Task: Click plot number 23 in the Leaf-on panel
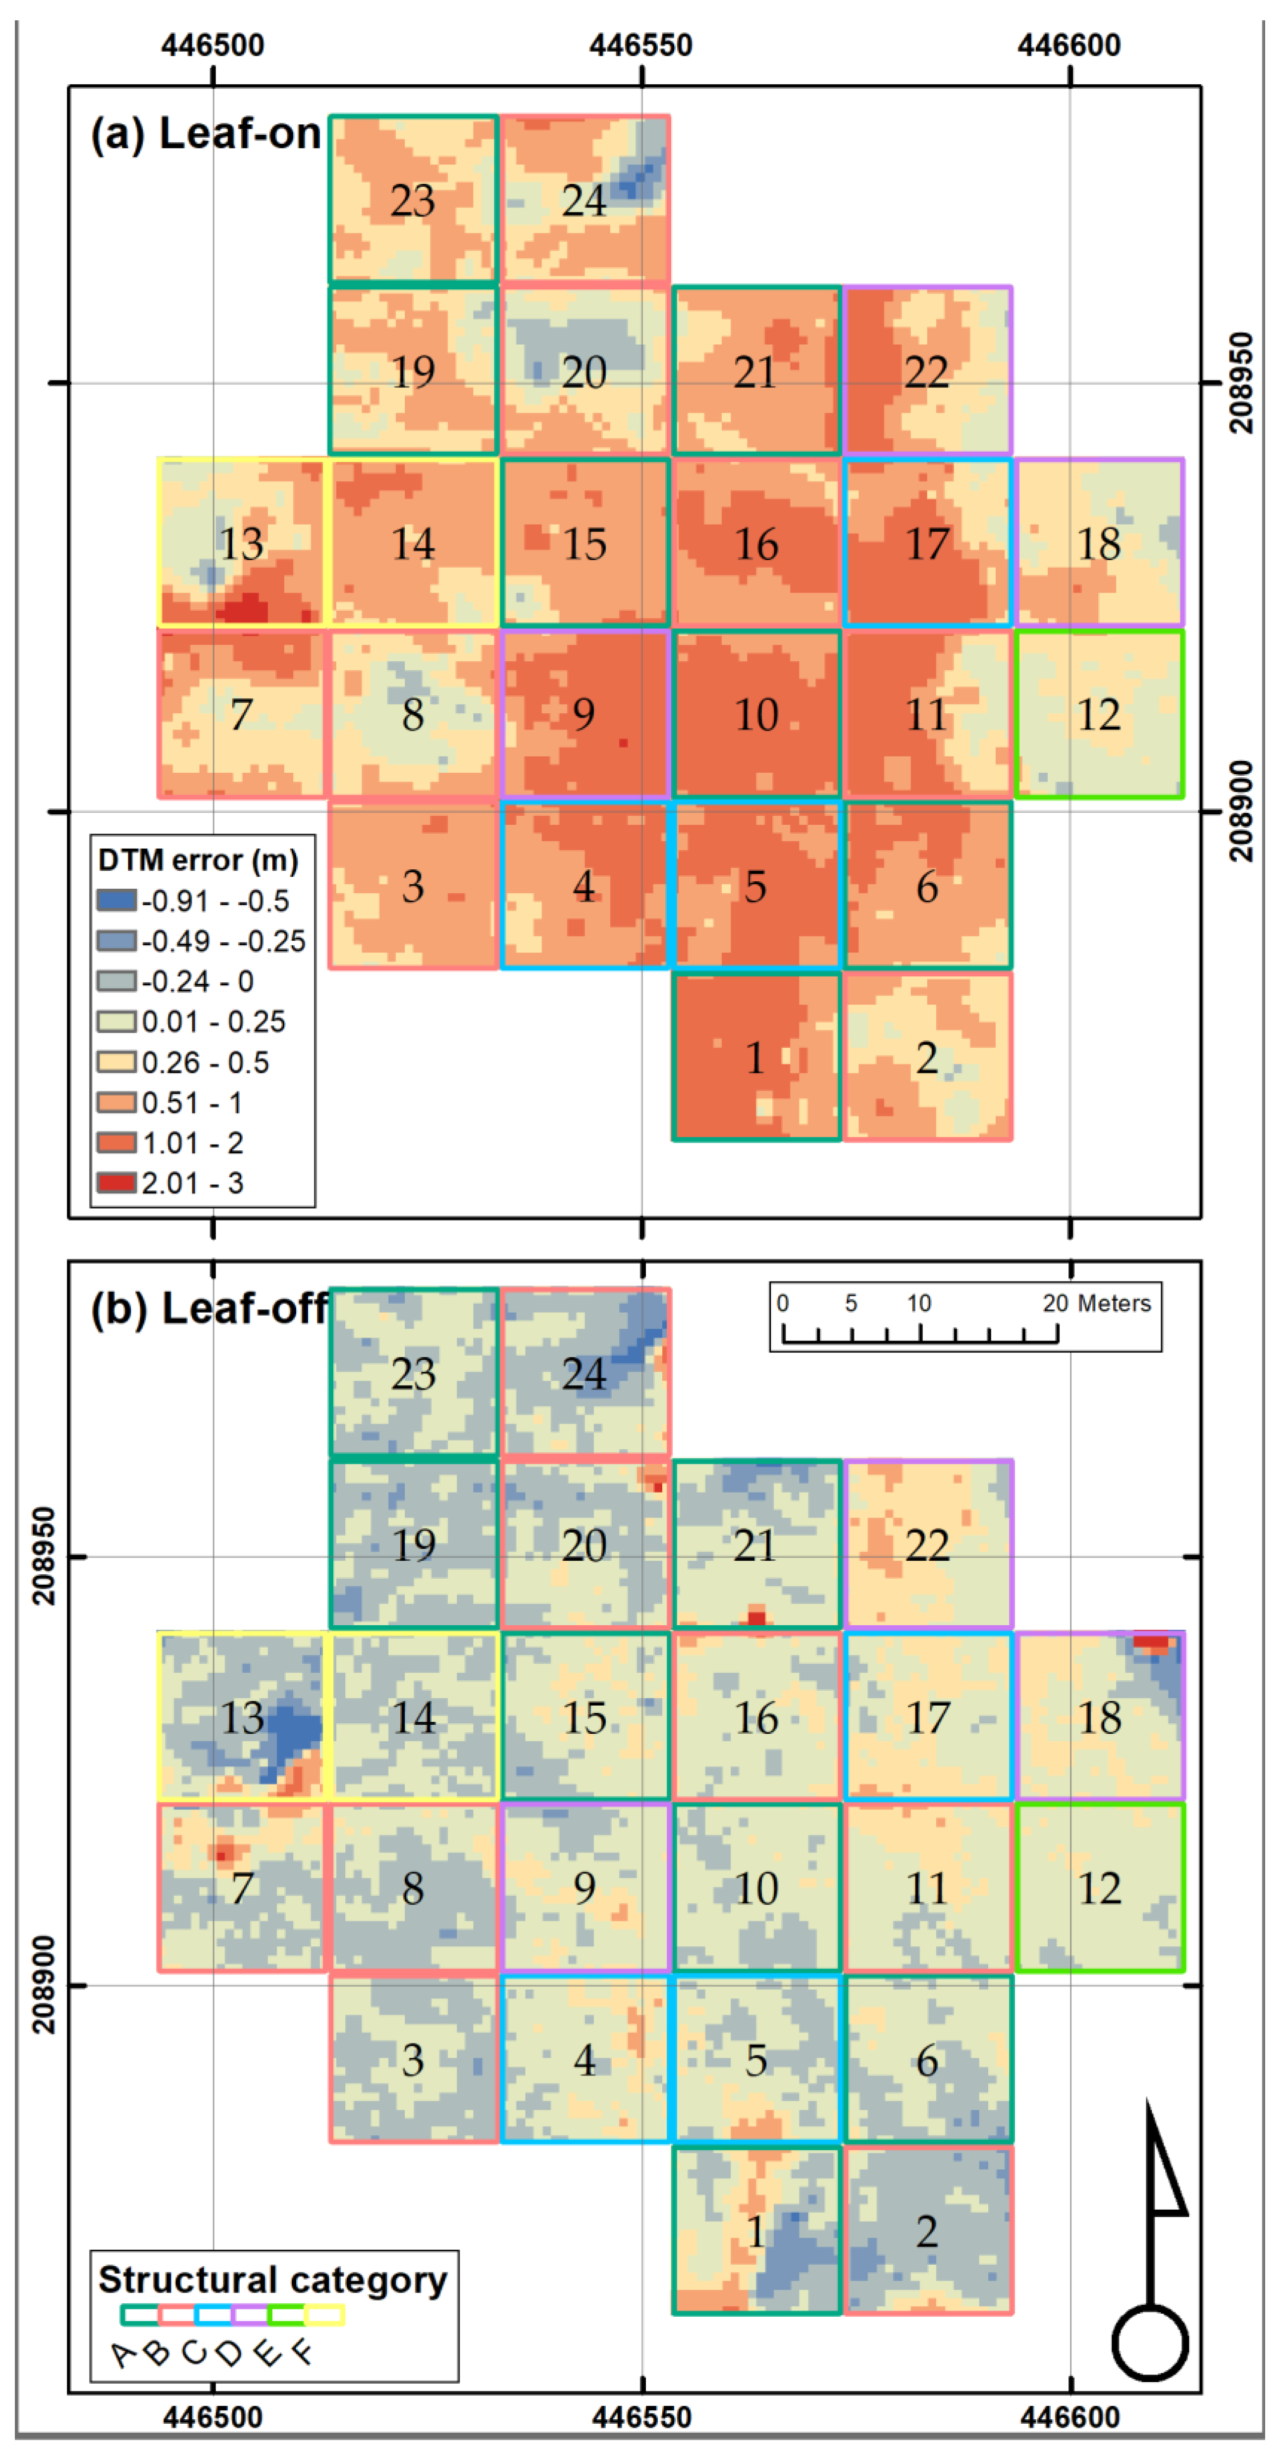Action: click(412, 201)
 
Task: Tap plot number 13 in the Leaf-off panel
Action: click(242, 1717)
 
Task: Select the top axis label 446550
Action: click(640, 45)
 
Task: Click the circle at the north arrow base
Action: click(1150, 2343)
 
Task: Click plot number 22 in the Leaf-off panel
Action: click(926, 1545)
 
